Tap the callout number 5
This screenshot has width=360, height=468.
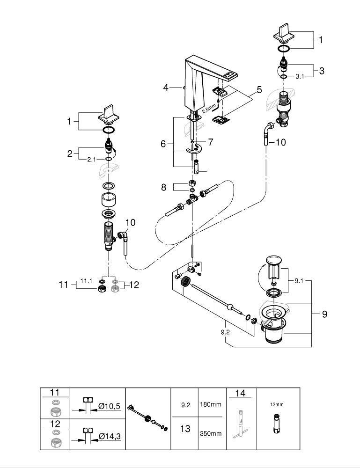259,89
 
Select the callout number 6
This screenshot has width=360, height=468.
163,144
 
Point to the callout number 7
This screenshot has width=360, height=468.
210,141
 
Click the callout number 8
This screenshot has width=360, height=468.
163,187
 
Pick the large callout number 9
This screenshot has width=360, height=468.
324,314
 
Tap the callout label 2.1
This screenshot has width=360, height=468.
91,159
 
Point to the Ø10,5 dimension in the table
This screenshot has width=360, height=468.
110,407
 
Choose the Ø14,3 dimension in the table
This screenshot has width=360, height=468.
110,437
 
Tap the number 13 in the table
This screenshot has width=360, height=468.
185,429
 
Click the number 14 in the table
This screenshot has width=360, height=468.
240,394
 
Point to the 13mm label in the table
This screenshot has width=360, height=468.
277,404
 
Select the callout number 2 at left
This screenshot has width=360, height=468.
70,153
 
